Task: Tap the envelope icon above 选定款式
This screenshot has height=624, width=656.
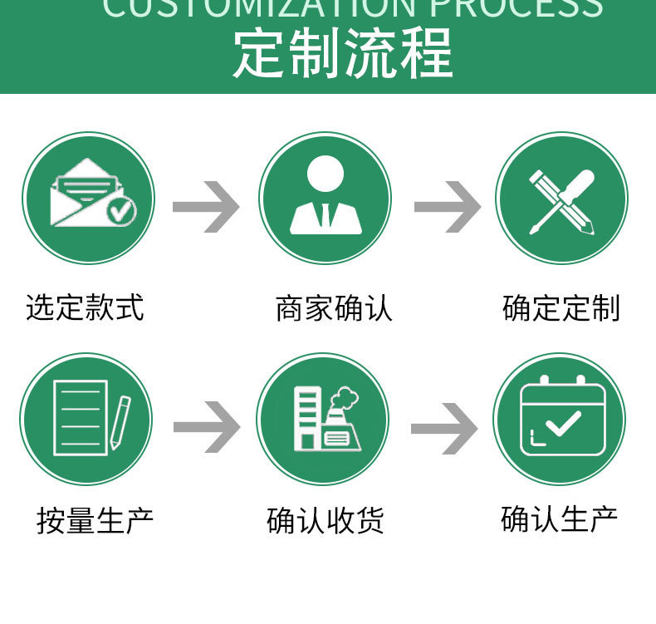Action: point(89,197)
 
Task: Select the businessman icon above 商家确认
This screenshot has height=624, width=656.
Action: point(325,197)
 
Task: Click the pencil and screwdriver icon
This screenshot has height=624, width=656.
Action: point(561,199)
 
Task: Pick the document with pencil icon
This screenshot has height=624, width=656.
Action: point(87,419)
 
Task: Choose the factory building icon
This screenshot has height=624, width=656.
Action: point(323,419)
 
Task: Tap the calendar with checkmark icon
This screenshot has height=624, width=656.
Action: point(560,418)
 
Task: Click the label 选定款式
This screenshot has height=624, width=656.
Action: point(85,307)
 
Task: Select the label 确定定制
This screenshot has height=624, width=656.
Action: point(561,307)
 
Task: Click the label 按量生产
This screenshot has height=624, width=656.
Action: point(95,521)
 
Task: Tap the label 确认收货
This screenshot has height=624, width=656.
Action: point(326,521)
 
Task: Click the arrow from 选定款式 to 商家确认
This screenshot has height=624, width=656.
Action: point(206,205)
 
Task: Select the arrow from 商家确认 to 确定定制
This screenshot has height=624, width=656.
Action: point(447,205)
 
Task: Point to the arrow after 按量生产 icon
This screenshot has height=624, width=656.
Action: point(206,427)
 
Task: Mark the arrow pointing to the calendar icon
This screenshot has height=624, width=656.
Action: point(444,427)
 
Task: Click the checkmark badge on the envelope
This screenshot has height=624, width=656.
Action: point(122,210)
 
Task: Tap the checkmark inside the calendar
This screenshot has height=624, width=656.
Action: point(564,424)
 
